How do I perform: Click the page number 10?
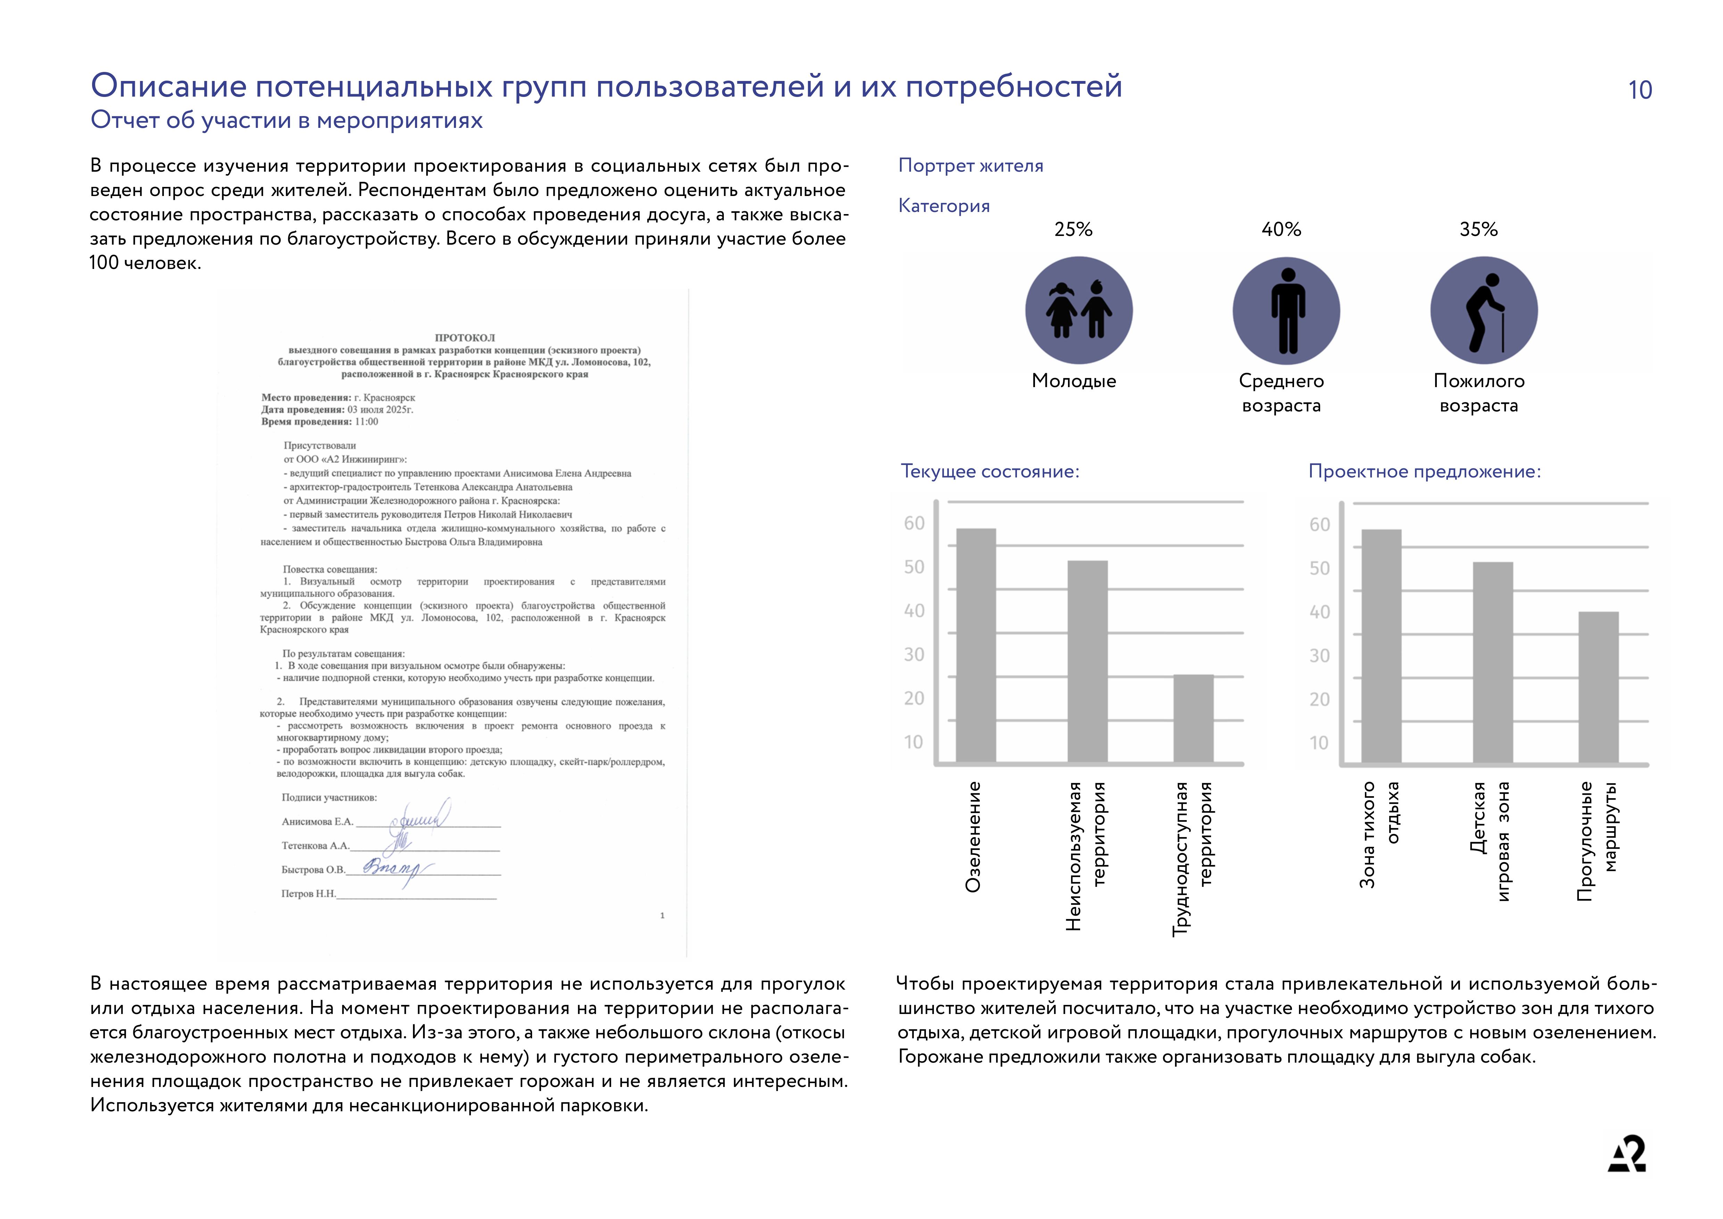coord(1640,90)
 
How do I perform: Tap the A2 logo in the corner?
coord(1627,1154)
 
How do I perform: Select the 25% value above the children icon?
coord(1073,230)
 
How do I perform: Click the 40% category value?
coord(1281,230)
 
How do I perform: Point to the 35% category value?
coord(1478,230)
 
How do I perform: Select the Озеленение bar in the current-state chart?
coord(976,646)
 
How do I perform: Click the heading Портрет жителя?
coord(970,166)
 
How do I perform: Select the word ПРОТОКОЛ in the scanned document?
coord(464,338)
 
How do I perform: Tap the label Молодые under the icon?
coord(1074,381)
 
